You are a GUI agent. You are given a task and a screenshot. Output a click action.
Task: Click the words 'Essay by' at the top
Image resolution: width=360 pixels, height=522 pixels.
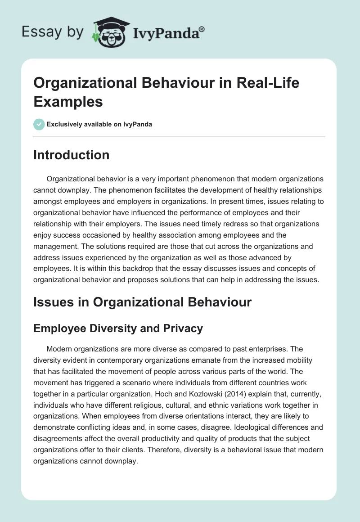52,32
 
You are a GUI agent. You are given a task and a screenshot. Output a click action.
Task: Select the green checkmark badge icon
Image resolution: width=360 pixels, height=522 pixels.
39,124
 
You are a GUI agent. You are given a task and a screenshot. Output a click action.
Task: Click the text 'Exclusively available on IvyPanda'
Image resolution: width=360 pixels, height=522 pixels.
99,124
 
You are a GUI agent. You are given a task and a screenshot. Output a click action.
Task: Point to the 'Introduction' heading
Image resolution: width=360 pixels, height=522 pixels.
72,155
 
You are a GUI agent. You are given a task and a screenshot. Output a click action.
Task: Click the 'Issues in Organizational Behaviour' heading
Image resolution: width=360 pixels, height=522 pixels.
142,302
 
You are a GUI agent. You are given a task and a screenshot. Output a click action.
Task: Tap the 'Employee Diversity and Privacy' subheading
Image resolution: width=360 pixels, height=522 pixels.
118,328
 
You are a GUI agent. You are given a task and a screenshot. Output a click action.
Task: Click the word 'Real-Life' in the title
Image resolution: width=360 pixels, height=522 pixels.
268,83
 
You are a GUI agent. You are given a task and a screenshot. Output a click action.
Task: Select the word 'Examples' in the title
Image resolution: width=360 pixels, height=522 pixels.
68,101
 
